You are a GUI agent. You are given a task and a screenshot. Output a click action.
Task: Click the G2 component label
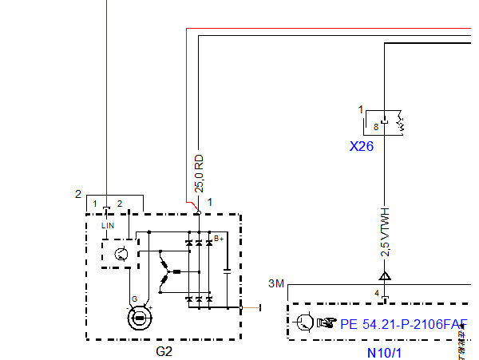click(x=164, y=350)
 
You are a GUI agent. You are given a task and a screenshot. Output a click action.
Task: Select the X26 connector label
click(x=362, y=147)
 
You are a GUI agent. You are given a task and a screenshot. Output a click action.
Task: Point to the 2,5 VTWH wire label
click(x=385, y=232)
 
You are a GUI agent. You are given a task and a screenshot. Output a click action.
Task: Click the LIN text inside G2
click(x=108, y=227)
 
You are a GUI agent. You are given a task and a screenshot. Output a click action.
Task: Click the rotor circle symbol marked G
click(x=140, y=318)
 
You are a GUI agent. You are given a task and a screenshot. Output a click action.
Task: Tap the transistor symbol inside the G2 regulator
click(x=120, y=255)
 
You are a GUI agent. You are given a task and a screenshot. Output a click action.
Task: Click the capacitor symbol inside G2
click(x=228, y=271)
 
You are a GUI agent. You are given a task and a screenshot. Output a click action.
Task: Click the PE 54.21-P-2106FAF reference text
click(x=403, y=324)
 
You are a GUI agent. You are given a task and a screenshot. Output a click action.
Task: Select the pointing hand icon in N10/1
click(x=327, y=323)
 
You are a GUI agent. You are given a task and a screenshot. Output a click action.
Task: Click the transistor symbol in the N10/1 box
click(x=304, y=322)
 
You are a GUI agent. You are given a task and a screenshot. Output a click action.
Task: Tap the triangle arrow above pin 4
click(x=385, y=276)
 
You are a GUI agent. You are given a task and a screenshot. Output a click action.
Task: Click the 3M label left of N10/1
click(x=276, y=283)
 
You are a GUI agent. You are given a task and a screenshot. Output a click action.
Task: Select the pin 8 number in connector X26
click(x=376, y=125)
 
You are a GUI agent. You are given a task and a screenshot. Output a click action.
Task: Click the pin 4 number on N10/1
click(x=377, y=294)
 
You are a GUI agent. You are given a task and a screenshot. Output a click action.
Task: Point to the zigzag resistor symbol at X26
click(x=402, y=124)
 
